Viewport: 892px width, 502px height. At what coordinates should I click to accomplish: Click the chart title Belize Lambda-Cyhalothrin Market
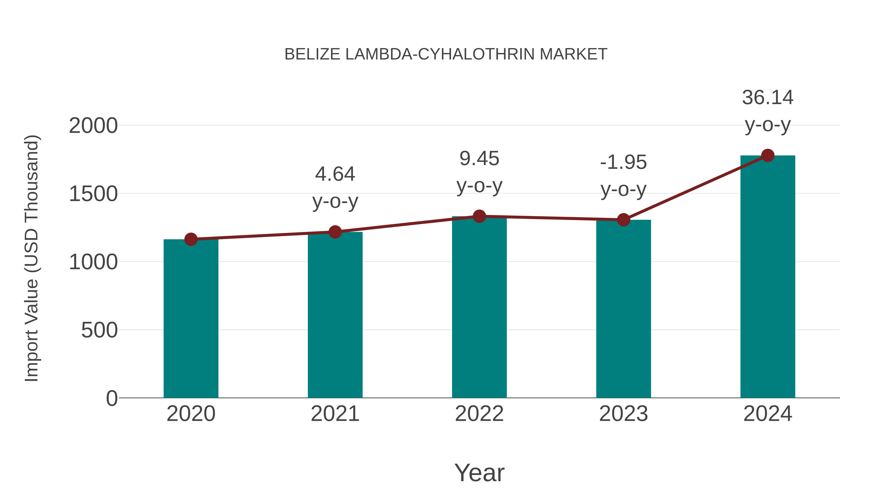point(446,54)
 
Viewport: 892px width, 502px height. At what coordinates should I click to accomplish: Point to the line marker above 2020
point(191,239)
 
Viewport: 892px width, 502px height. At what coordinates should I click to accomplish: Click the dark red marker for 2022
point(479,216)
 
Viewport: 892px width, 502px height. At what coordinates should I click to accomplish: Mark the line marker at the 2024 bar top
point(767,155)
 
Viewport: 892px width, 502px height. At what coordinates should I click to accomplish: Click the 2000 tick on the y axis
point(93,126)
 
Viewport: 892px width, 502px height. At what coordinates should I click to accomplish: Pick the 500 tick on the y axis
point(99,330)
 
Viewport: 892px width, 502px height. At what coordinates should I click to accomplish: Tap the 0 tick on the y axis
point(111,398)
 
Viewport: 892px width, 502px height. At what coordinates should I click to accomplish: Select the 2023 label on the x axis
point(623,414)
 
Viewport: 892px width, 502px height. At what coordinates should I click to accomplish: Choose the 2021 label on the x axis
point(335,414)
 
